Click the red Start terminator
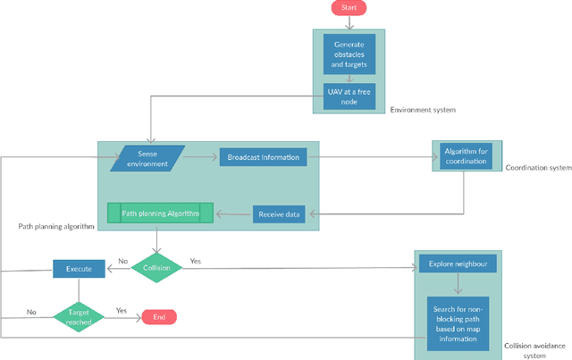click(x=349, y=8)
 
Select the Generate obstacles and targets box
click(x=349, y=54)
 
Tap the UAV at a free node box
click(x=349, y=96)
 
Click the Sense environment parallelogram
click(x=147, y=159)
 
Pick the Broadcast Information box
click(x=263, y=157)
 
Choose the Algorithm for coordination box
click(x=466, y=156)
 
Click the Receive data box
click(x=279, y=214)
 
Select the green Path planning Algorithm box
click(x=161, y=213)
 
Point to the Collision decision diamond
click(x=156, y=268)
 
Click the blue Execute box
click(x=79, y=269)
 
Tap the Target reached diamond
click(x=79, y=317)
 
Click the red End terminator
click(x=159, y=317)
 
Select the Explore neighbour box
click(x=458, y=264)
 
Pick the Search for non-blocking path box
click(x=458, y=324)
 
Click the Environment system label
click(x=423, y=110)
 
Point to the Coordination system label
click(x=538, y=168)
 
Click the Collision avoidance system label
click(x=534, y=350)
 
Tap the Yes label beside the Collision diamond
click(x=196, y=261)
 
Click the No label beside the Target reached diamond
click(x=31, y=313)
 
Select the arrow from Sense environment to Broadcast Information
click(x=200, y=157)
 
